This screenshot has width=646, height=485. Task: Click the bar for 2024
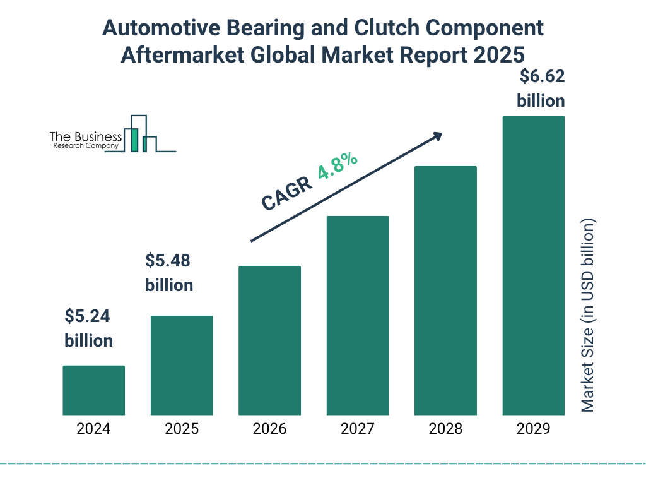(93, 390)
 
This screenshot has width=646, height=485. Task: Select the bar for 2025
(182, 365)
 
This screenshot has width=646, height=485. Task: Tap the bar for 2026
(269, 340)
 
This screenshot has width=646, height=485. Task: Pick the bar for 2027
(357, 315)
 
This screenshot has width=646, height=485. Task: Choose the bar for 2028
(445, 290)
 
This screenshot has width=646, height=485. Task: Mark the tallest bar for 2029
(533, 265)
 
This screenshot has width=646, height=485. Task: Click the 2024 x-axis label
(93, 429)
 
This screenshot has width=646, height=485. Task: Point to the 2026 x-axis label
(269, 429)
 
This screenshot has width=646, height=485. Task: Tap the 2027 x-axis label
(357, 429)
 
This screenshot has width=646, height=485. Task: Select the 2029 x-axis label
(533, 429)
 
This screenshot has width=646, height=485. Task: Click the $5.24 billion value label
(88, 328)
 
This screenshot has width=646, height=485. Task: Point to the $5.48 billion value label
(169, 273)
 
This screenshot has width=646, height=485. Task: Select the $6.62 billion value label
(541, 88)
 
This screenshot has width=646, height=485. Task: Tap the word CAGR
(286, 194)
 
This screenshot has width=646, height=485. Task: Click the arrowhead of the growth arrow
(437, 136)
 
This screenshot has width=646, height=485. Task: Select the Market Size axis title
(588, 316)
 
